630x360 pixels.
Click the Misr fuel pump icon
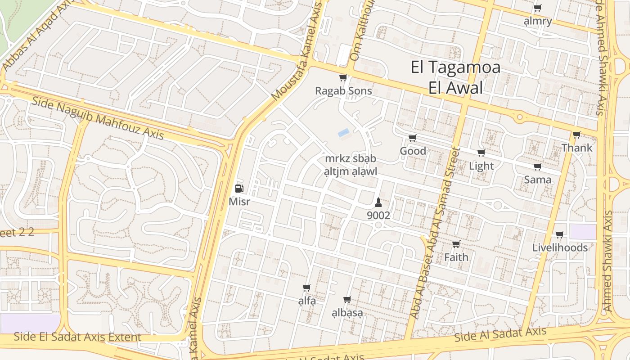pos(240,189)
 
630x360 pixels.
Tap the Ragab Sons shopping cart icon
pos(343,78)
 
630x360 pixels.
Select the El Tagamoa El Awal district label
pos(455,77)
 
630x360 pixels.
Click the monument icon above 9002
pos(378,202)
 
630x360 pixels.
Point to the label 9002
pos(378,216)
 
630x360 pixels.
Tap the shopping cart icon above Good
pos(412,138)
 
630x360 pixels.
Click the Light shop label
pos(481,166)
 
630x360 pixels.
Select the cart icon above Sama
pos(537,167)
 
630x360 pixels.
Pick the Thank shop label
pos(576,148)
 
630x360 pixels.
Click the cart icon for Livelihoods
pos(559,234)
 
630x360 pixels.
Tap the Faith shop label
pos(456,257)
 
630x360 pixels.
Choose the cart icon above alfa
pos(307,288)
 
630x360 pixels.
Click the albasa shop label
pos(347,313)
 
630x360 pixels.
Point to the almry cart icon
pos(537,8)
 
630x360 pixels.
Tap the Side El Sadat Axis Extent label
pos(77,337)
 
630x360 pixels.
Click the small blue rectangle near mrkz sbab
pos(343,133)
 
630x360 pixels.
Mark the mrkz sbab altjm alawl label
pos(350,165)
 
